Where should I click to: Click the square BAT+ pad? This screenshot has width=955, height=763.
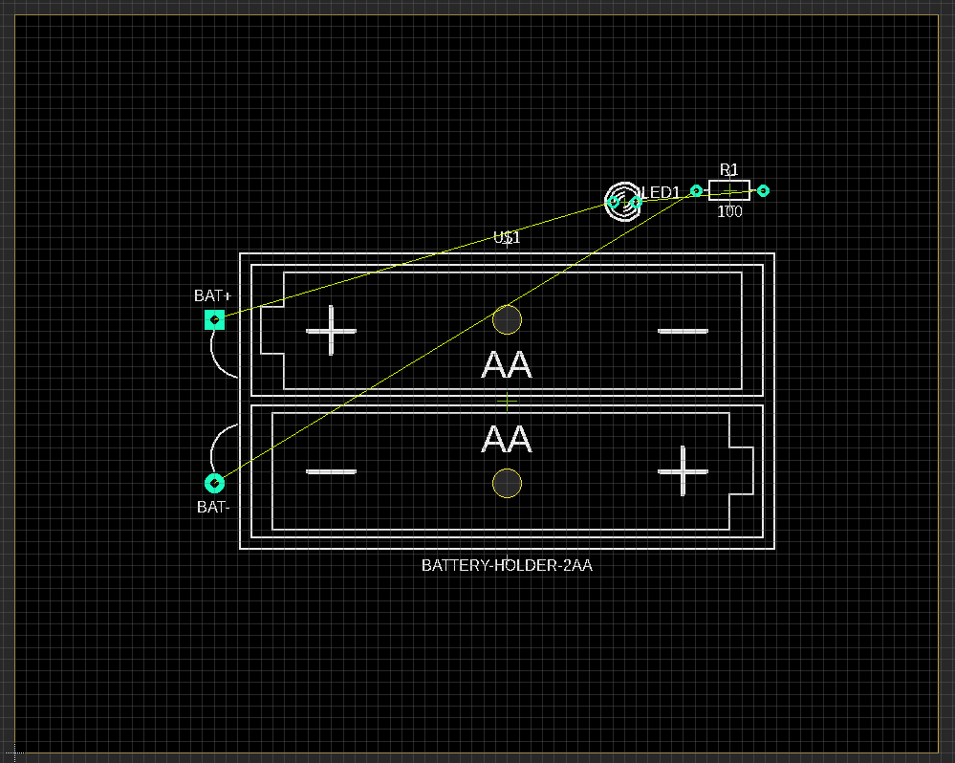pos(214,319)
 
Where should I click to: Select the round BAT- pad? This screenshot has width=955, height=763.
pos(214,483)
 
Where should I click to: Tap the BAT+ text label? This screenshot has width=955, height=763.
pos(212,296)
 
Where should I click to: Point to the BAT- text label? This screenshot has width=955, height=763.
pos(213,508)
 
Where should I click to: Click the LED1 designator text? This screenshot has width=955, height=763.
pos(661,193)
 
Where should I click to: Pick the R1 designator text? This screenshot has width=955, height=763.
pos(729,170)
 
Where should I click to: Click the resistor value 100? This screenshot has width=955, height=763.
pos(729,211)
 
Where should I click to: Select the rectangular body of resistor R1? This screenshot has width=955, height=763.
pos(729,190)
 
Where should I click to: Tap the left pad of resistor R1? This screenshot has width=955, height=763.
pos(697,191)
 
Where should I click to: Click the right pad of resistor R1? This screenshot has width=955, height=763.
pos(763,191)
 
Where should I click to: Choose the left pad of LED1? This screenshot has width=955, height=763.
pos(615,202)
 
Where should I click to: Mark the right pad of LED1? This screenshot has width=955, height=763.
pos(637,202)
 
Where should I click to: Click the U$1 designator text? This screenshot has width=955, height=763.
pos(507,238)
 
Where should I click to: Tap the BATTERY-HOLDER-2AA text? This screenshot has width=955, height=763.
pos(507,565)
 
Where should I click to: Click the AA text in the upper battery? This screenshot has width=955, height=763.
pos(507,364)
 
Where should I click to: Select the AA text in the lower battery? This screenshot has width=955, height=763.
pos(507,440)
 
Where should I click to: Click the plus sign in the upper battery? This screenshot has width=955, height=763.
pos(332,331)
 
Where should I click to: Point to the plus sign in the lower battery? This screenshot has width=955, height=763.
pos(684,471)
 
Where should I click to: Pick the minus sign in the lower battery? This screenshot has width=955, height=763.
pos(332,471)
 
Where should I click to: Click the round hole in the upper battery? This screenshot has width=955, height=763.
pos(507,319)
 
